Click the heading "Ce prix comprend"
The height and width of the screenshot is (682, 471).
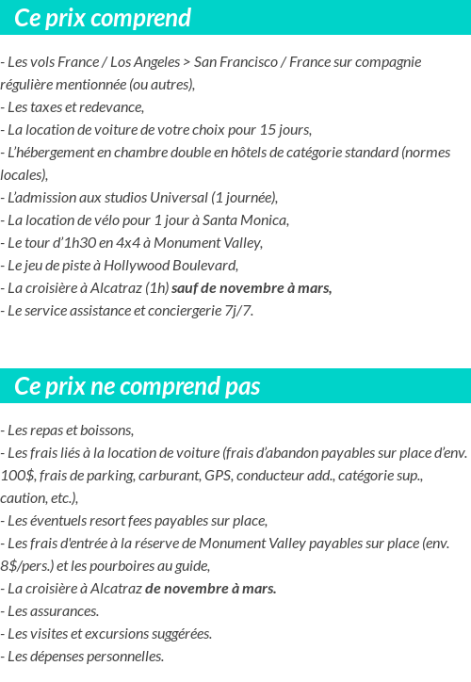pos(103,18)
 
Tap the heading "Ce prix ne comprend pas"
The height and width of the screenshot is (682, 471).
pos(138,386)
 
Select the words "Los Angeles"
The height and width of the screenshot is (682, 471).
pos(142,62)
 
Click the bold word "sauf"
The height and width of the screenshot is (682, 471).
pos(187,287)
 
